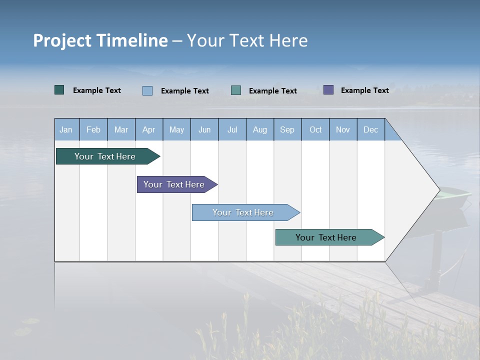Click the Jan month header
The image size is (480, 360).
pyautogui.click(x=66, y=129)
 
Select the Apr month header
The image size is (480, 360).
pyautogui.click(x=148, y=129)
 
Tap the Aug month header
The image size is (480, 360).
pyautogui.click(x=259, y=129)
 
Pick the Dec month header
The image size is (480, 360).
pyautogui.click(x=370, y=129)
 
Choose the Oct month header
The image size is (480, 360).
pyautogui.click(x=315, y=129)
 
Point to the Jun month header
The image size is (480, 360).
pyautogui.click(x=204, y=129)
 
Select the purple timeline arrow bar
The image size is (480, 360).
pyautogui.click(x=175, y=184)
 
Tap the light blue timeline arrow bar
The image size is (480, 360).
pyautogui.click(x=244, y=212)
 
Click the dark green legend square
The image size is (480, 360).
pyautogui.click(x=59, y=90)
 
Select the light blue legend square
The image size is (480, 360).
pyautogui.click(x=147, y=90)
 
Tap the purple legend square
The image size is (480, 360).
pyautogui.click(x=328, y=90)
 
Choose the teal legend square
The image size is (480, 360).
pyautogui.click(x=236, y=90)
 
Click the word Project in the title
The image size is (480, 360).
pyautogui.click(x=63, y=40)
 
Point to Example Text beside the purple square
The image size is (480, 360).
pyautogui.click(x=364, y=90)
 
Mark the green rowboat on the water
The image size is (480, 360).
pyautogui.click(x=453, y=196)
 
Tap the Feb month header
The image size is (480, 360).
pyautogui.click(x=93, y=129)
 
